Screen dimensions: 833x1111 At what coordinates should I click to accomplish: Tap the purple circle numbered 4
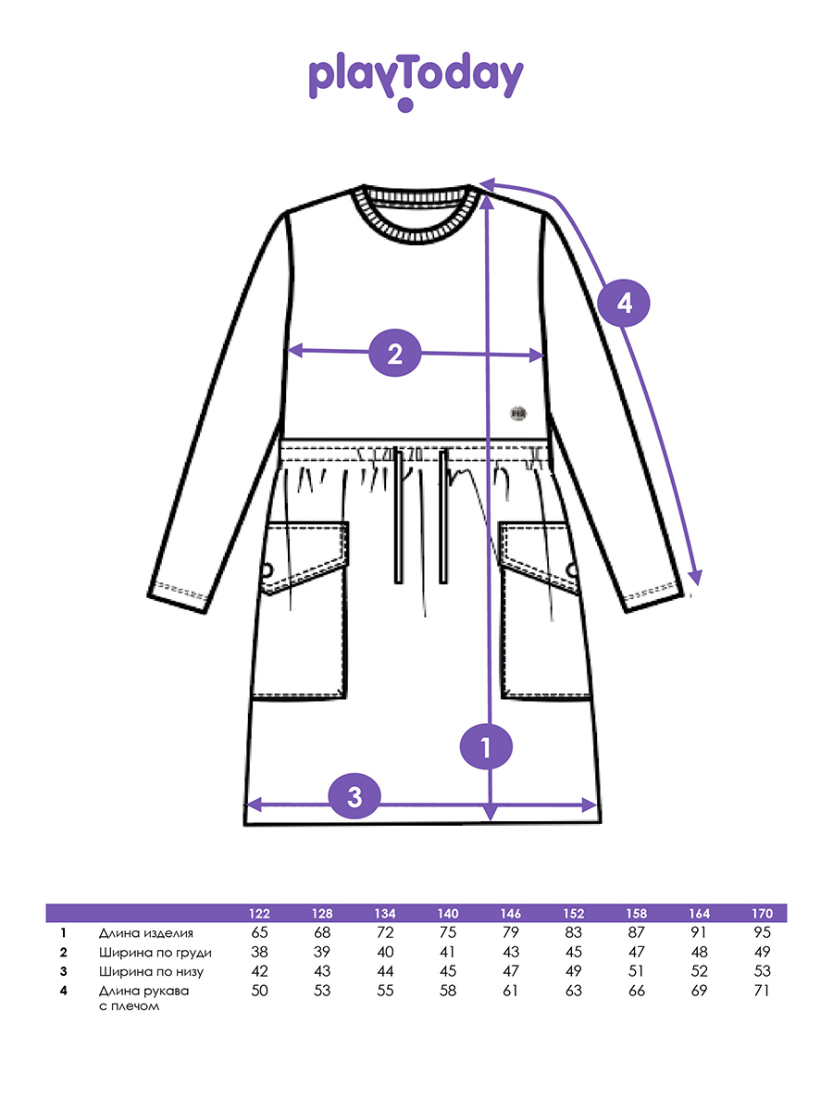pyautogui.click(x=624, y=303)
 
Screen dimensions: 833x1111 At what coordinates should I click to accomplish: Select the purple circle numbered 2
pyautogui.click(x=395, y=354)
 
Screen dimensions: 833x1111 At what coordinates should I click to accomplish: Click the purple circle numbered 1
pyautogui.click(x=486, y=746)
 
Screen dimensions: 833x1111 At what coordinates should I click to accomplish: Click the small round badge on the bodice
pyautogui.click(x=518, y=414)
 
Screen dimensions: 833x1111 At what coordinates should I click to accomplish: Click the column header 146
pyautogui.click(x=510, y=914)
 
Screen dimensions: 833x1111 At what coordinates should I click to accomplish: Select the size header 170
pyautogui.click(x=762, y=914)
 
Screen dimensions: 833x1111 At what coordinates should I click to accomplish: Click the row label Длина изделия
pyautogui.click(x=145, y=933)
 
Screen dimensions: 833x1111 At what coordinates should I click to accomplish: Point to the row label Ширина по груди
pyautogui.click(x=155, y=953)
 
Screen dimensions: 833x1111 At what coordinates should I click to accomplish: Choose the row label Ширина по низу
pyautogui.click(x=151, y=971)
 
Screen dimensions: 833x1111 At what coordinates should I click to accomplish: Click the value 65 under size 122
pyautogui.click(x=259, y=932)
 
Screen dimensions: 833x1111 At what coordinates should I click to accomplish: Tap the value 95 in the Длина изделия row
pyautogui.click(x=762, y=932)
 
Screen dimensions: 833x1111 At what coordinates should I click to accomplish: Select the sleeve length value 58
pyautogui.click(x=448, y=991)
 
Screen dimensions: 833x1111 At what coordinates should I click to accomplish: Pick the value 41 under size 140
pyautogui.click(x=448, y=952)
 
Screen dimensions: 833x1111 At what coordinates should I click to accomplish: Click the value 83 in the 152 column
pyautogui.click(x=573, y=932)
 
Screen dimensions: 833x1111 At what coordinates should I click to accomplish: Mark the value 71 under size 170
pyautogui.click(x=762, y=991)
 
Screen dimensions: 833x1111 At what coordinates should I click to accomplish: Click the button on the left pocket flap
pyautogui.click(x=267, y=570)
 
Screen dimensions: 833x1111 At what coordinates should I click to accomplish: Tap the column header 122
pyautogui.click(x=259, y=914)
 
